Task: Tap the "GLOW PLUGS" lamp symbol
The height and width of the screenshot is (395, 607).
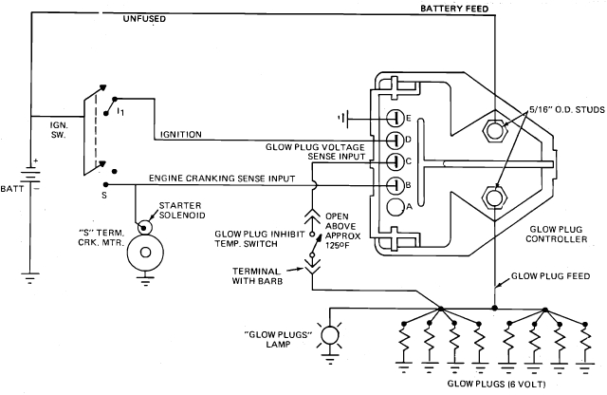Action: point(330,336)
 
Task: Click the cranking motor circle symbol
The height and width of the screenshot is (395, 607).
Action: point(144,254)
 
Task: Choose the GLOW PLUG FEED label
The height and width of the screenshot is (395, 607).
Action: point(554,275)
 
